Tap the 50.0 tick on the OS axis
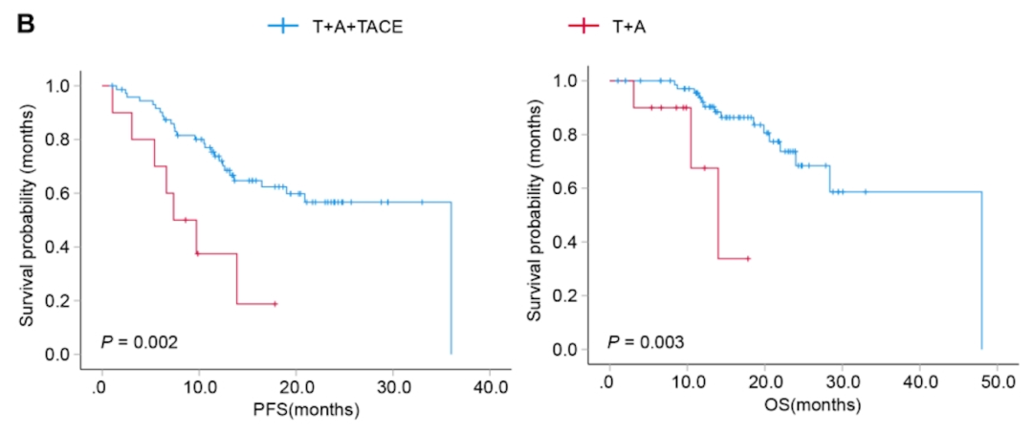(x=996, y=382)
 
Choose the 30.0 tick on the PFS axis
(x=393, y=388)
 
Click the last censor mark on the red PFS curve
(x=275, y=304)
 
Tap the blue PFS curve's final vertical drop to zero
(x=451, y=277)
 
